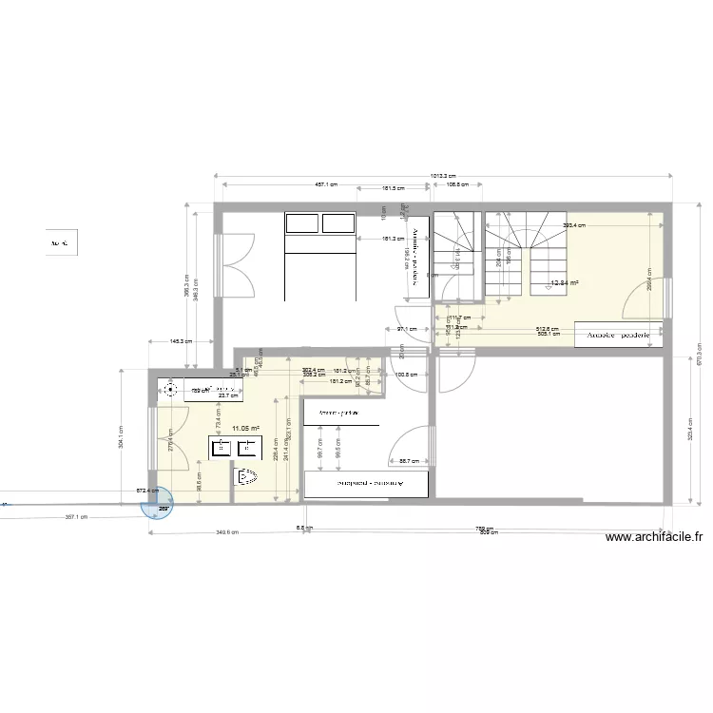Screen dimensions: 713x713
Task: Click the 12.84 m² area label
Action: click(x=565, y=282)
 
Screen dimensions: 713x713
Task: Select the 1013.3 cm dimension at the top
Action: click(x=442, y=176)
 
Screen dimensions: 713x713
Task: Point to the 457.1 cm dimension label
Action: click(x=326, y=185)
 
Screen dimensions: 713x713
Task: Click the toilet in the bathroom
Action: click(x=246, y=476)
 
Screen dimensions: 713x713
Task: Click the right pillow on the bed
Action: click(x=337, y=223)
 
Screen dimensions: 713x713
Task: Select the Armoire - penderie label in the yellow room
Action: click(x=618, y=335)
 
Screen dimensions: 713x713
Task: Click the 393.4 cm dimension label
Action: click(x=573, y=225)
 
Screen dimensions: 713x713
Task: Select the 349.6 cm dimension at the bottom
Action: click(x=226, y=533)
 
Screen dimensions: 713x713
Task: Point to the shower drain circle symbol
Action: click(x=171, y=389)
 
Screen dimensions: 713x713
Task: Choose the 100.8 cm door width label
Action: click(x=406, y=374)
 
